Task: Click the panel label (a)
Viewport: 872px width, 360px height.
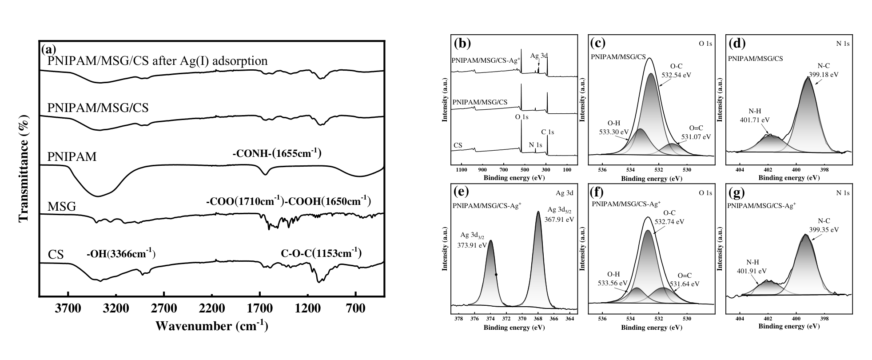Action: point(48,48)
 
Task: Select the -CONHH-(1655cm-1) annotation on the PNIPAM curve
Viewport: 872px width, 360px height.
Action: point(277,154)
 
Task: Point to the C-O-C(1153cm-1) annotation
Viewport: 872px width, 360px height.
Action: point(321,254)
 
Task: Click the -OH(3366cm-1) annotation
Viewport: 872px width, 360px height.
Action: point(121,255)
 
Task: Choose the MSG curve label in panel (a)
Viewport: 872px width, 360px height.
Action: point(62,207)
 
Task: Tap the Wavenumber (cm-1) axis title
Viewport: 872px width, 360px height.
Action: point(211,326)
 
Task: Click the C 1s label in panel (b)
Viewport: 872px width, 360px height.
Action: point(547,132)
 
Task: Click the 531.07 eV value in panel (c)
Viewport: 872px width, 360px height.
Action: point(695,137)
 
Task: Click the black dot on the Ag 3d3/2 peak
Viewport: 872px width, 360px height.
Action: point(496,275)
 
